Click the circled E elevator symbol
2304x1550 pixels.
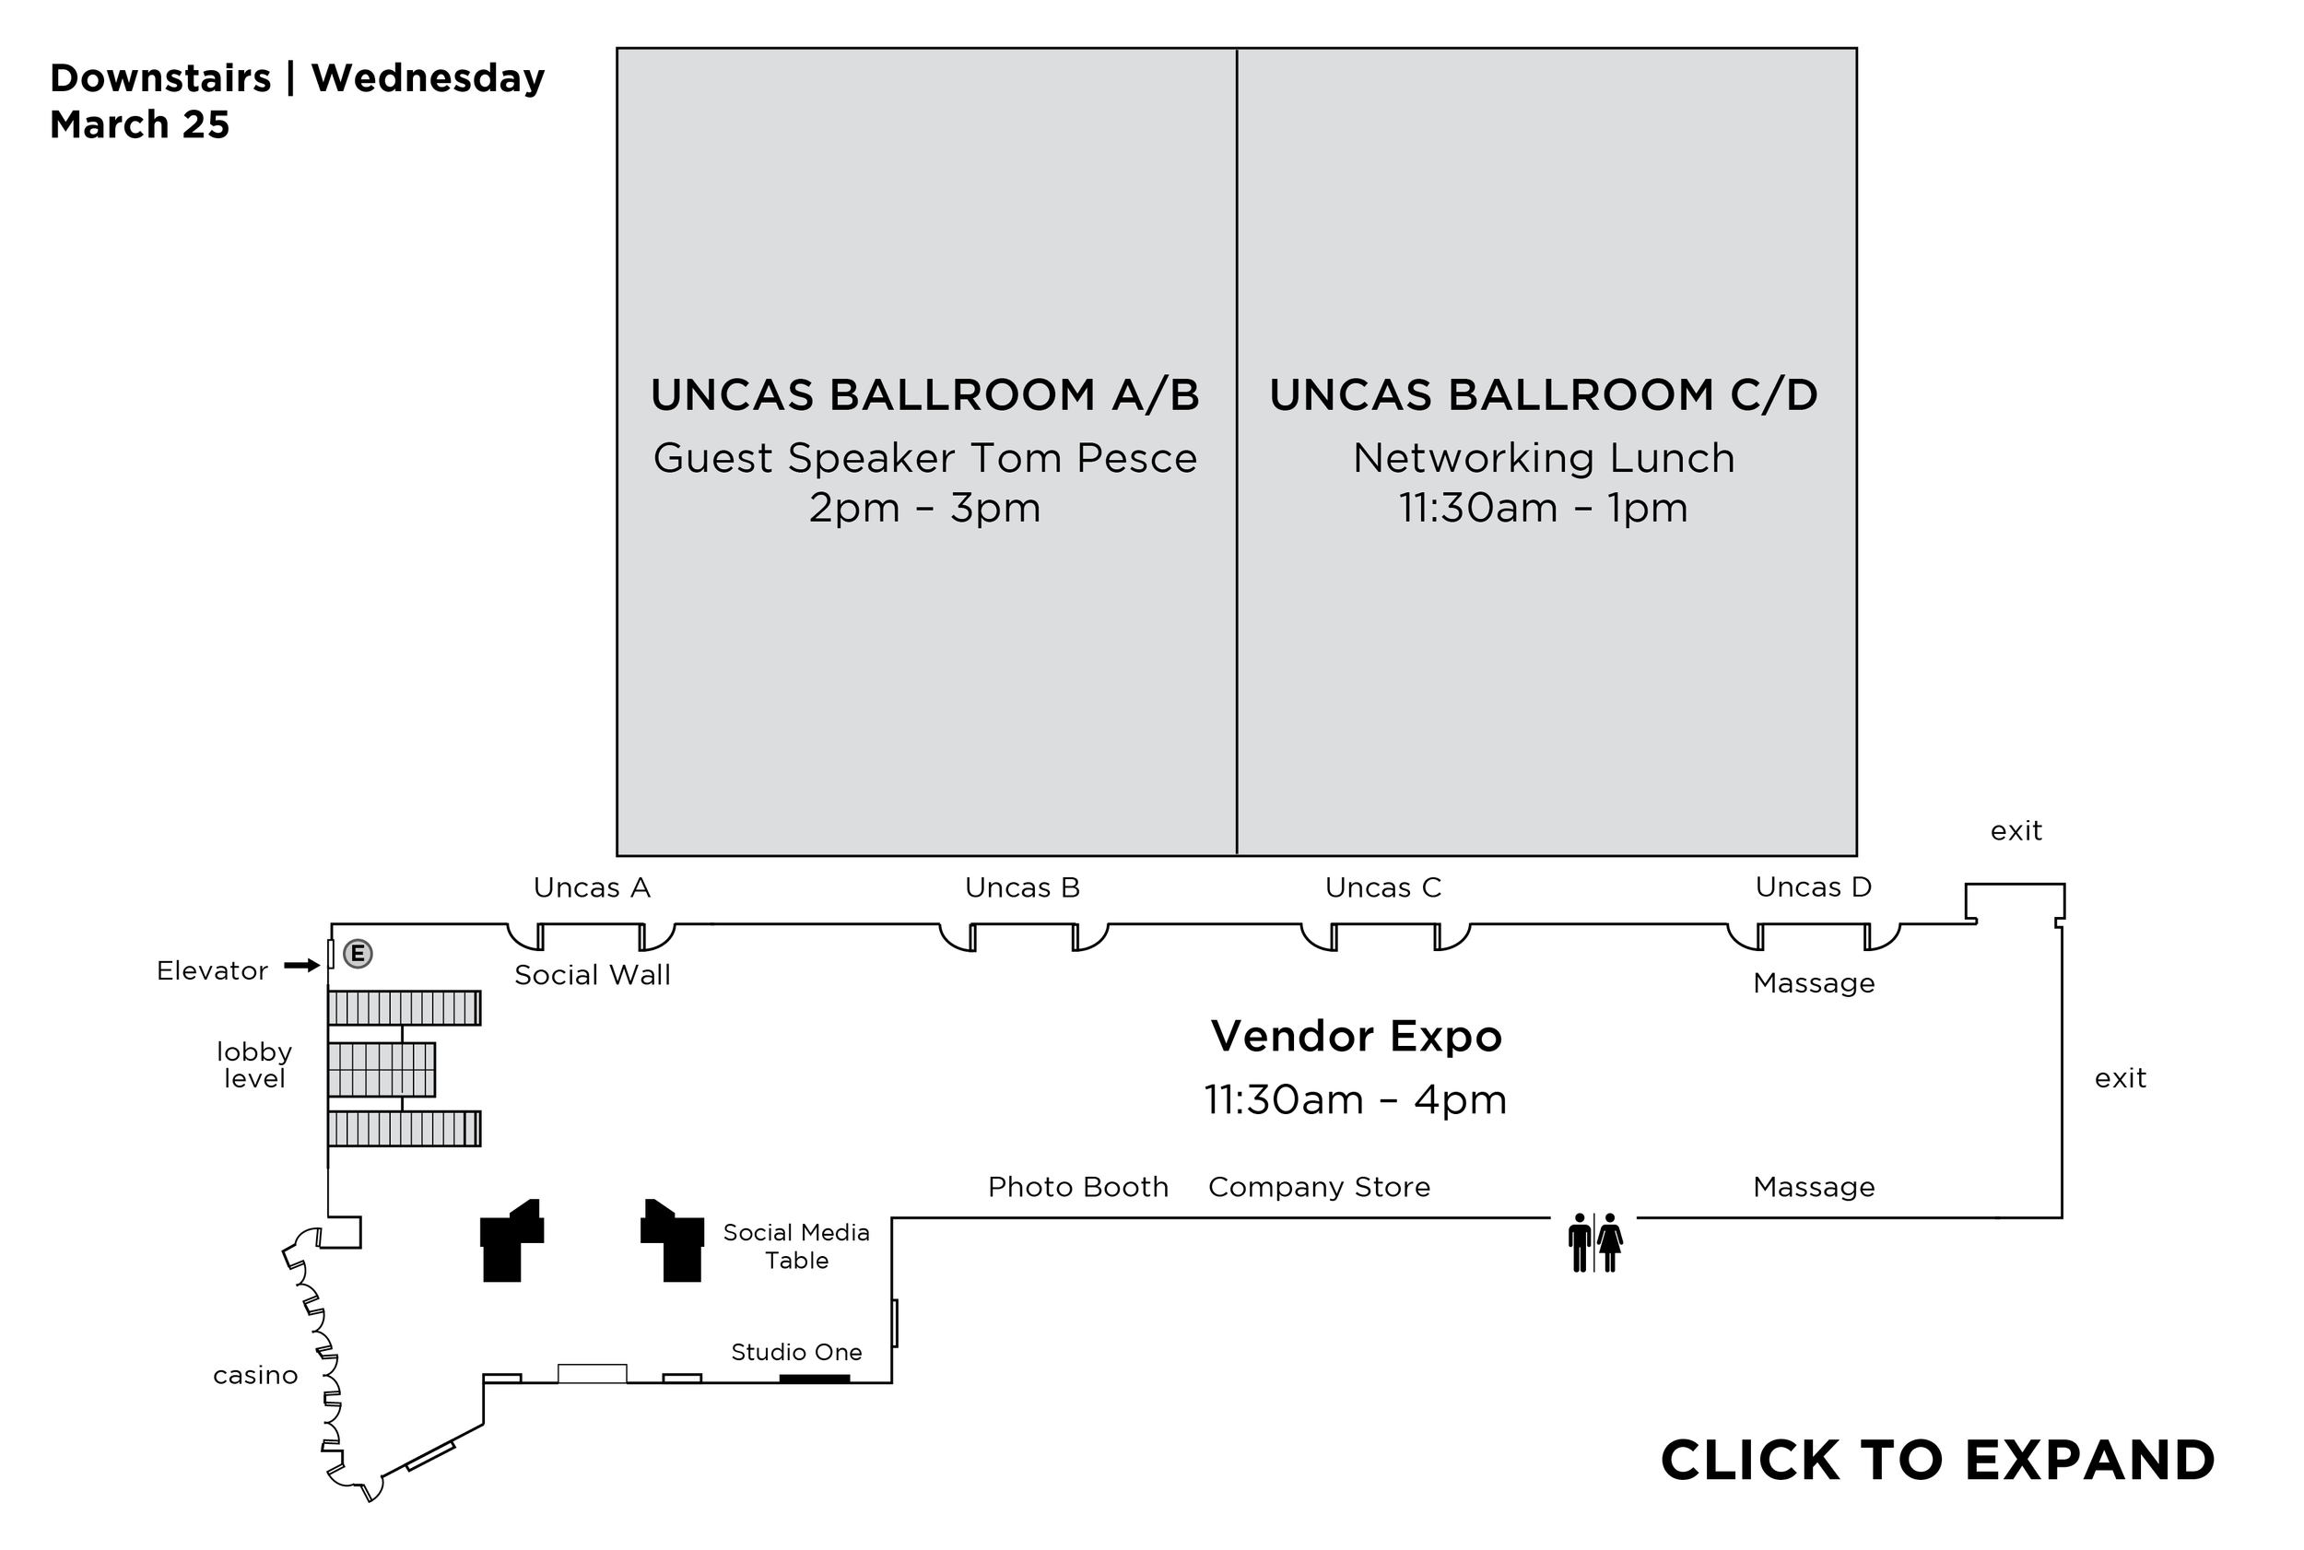click(x=358, y=954)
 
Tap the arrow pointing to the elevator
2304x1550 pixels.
click(x=301, y=966)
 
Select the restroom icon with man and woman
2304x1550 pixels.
click(x=1595, y=1242)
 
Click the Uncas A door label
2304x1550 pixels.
click(x=592, y=887)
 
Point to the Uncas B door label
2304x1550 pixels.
click(x=1022, y=887)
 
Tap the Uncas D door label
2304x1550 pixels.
click(x=1813, y=887)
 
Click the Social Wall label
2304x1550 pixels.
click(x=592, y=976)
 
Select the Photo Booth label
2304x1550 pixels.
click(x=1077, y=1186)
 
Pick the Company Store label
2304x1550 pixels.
click(x=1319, y=1186)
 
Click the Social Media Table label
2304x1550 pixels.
click(x=795, y=1247)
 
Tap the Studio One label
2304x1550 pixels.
click(x=795, y=1352)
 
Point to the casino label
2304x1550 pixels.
click(x=255, y=1375)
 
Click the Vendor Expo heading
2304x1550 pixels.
click(x=1356, y=1036)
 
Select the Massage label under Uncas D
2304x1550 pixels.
click(x=1813, y=983)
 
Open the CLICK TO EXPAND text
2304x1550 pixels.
click(x=1937, y=1460)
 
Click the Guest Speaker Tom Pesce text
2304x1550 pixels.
click(x=925, y=458)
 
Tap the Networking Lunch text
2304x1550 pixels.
click(x=1543, y=458)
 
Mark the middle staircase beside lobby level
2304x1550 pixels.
click(x=382, y=1070)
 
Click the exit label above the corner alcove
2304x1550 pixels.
click(x=2016, y=831)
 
